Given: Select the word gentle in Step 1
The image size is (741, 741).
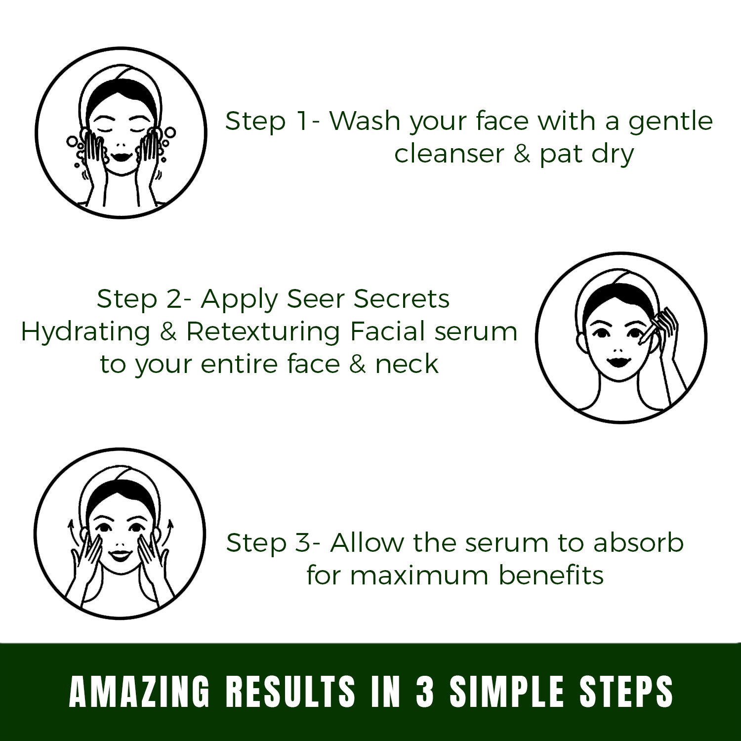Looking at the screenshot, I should (x=670, y=122).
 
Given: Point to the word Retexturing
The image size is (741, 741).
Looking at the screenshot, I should (x=263, y=332).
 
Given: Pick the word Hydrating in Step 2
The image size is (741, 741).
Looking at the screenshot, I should (x=85, y=332).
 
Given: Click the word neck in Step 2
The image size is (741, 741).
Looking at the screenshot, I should (x=406, y=365).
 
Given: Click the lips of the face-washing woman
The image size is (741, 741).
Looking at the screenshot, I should (x=120, y=156).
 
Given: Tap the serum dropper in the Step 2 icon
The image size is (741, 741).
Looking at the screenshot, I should (x=650, y=329).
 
